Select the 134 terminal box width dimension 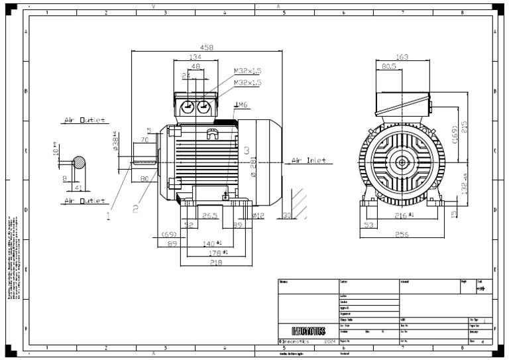[196, 57]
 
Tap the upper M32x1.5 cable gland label [247, 71]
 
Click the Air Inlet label [308, 161]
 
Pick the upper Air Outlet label [84, 121]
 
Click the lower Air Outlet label [84, 200]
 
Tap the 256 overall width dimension [402, 235]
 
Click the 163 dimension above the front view [402, 57]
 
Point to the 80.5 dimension [389, 66]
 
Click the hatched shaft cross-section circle [79, 162]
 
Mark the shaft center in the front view [402, 161]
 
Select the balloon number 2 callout [135, 209]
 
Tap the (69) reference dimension [169, 235]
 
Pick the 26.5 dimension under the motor [210, 215]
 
